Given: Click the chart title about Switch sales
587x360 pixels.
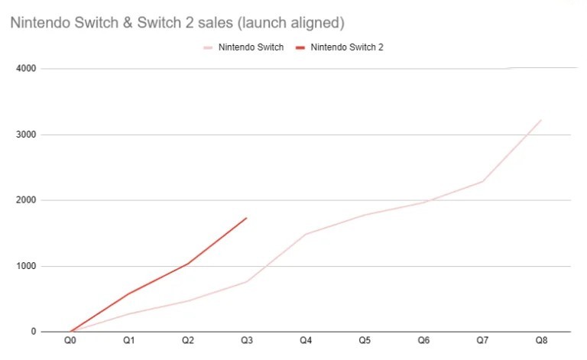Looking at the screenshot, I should (x=173, y=23).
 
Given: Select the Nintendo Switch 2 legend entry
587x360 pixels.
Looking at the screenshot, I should (x=341, y=47).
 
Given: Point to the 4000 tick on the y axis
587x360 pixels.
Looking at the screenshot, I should (x=27, y=69).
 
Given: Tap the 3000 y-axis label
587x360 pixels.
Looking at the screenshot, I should (x=27, y=135).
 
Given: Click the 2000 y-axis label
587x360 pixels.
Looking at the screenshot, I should (x=27, y=200).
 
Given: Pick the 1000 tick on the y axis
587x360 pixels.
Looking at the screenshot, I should (x=27, y=266).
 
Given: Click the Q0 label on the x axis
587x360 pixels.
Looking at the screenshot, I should (x=70, y=339).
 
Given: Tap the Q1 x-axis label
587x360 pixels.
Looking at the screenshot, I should (x=129, y=339).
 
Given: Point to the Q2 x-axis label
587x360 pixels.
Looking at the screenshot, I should (x=188, y=339).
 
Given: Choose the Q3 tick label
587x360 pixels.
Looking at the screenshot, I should (x=247, y=339).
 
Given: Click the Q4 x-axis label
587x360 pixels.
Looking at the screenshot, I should (x=306, y=339).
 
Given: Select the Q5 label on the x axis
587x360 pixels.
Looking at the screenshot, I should (x=365, y=339).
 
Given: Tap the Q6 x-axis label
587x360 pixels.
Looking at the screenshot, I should (x=423, y=339).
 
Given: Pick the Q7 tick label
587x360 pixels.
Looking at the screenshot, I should (x=482, y=339).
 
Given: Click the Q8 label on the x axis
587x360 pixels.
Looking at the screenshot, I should (x=541, y=339).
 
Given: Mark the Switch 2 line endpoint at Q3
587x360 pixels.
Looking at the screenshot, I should (x=247, y=218).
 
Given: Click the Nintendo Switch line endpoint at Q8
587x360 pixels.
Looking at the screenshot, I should (x=541, y=120).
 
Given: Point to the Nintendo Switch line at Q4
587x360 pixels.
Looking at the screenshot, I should (x=306, y=234).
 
